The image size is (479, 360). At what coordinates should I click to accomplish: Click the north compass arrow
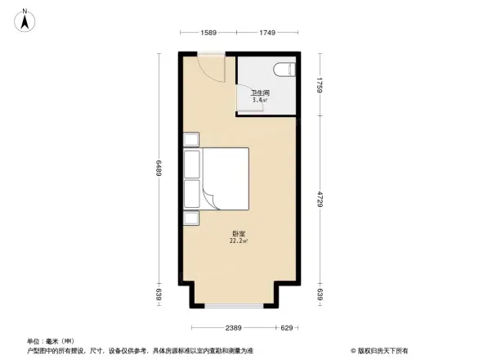click(26, 20)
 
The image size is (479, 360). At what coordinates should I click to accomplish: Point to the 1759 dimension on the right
click(322, 83)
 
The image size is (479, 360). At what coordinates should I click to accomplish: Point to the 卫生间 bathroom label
click(260, 93)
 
